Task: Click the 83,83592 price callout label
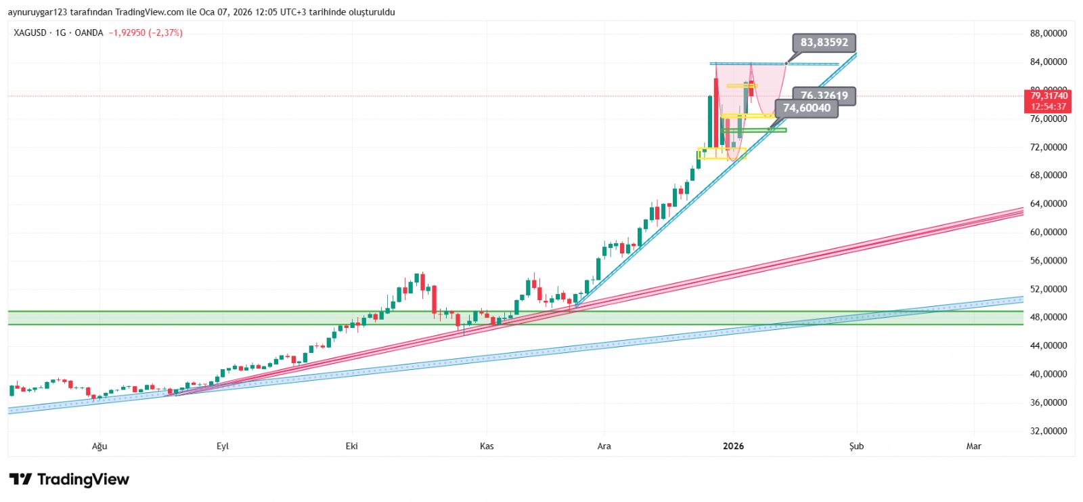[824, 43]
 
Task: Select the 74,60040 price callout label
[806, 108]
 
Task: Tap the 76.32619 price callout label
[824, 96]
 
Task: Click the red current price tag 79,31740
[1048, 96]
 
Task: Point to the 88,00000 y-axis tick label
[1048, 33]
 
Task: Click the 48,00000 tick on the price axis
[1048, 317]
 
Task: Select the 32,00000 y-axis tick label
[1048, 431]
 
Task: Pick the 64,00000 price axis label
[1048, 203]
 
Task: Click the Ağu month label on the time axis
[100, 446]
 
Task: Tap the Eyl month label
[223, 446]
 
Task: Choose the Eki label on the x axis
[351, 446]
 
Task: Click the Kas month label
[487, 446]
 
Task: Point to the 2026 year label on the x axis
[733, 446]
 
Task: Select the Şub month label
[856, 446]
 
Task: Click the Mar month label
[973, 446]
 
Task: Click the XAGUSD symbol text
[30, 33]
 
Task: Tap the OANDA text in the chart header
[89, 33]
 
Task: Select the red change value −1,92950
[127, 33]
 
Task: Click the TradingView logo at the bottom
[69, 480]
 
